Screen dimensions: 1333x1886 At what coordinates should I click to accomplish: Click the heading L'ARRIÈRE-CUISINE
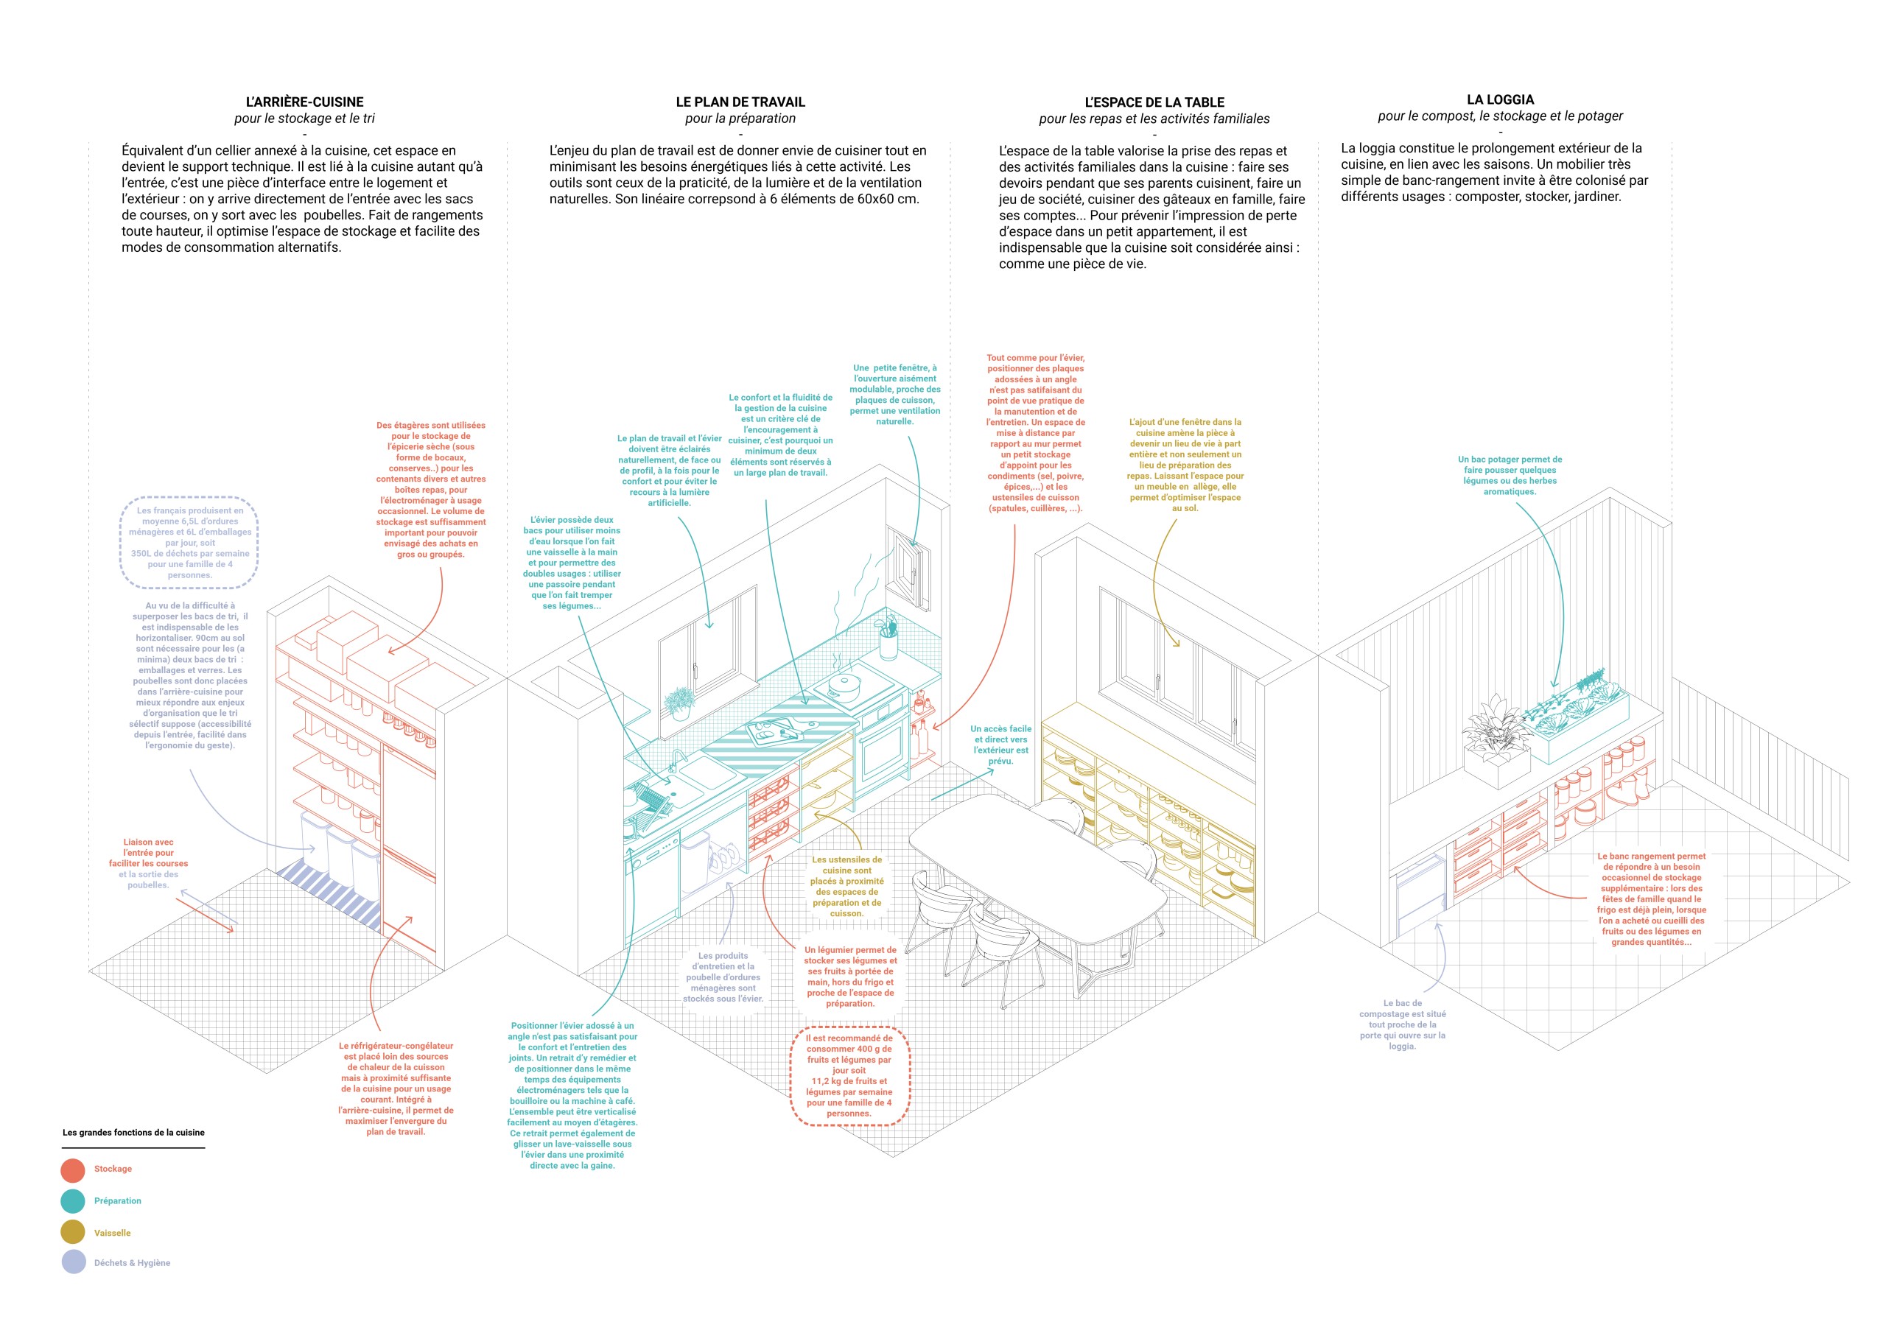pos(304,102)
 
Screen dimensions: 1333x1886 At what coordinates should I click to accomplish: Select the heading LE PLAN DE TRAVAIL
pos(740,102)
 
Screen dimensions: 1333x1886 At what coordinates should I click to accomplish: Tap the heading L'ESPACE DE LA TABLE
pos(1154,102)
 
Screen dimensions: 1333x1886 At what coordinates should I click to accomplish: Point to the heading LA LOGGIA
pos(1500,99)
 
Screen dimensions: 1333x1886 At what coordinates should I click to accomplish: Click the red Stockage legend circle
pos(73,1170)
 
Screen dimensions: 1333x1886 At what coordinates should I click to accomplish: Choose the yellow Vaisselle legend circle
pos(73,1232)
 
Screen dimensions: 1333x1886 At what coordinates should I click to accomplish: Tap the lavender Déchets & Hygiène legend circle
pos(73,1262)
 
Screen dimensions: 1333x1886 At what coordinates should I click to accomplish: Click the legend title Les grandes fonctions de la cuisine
pos(134,1133)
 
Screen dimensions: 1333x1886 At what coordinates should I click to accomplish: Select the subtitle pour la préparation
pos(740,119)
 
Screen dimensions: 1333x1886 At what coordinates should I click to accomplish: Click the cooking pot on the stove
pos(844,683)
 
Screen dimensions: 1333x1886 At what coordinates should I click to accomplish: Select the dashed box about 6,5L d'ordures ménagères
pos(190,543)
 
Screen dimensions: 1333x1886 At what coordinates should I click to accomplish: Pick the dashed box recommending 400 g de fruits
pos(849,1076)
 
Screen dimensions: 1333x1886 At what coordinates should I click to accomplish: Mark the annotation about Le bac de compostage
pos(1402,1024)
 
